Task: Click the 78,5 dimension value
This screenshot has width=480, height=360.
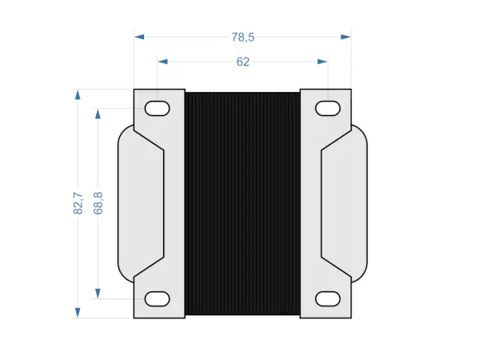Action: [242, 37]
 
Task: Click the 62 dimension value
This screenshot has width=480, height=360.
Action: [242, 62]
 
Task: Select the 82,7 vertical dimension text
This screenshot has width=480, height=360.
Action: [78, 203]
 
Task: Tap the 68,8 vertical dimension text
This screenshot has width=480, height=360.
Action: [98, 203]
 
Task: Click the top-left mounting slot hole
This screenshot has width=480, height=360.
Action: [157, 108]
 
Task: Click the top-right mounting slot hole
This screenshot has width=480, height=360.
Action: [328, 108]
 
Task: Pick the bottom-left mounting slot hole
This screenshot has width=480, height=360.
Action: [157, 298]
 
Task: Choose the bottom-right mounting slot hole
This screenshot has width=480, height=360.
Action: [328, 298]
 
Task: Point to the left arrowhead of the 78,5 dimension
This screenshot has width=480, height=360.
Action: [139, 37]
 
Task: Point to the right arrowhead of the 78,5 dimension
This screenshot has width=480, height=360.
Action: [346, 37]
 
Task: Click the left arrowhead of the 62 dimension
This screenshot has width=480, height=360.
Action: [163, 62]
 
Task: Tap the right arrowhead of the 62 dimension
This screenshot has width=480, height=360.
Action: [323, 62]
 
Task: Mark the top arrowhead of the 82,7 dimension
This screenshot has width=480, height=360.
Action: [78, 94]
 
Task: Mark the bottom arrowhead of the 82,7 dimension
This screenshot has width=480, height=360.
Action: [78, 312]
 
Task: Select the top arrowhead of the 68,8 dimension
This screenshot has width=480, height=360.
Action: [98, 114]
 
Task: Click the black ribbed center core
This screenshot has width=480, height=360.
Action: [242, 203]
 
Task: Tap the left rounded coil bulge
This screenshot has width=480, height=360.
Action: [125, 203]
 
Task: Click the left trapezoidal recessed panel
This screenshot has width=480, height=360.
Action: [149, 203]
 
